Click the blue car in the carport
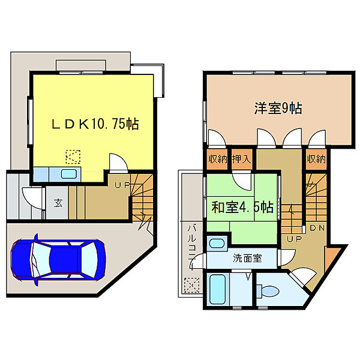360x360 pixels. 57,260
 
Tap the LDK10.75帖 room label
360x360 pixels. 94,124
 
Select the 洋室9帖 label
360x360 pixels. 277,109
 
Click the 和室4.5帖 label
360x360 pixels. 242,208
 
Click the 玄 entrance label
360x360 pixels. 58,202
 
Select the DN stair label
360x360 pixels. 317,228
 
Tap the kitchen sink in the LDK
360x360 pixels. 68,174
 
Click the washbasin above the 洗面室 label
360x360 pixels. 216,244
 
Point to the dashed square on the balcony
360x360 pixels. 191,285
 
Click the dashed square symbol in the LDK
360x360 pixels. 72,157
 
